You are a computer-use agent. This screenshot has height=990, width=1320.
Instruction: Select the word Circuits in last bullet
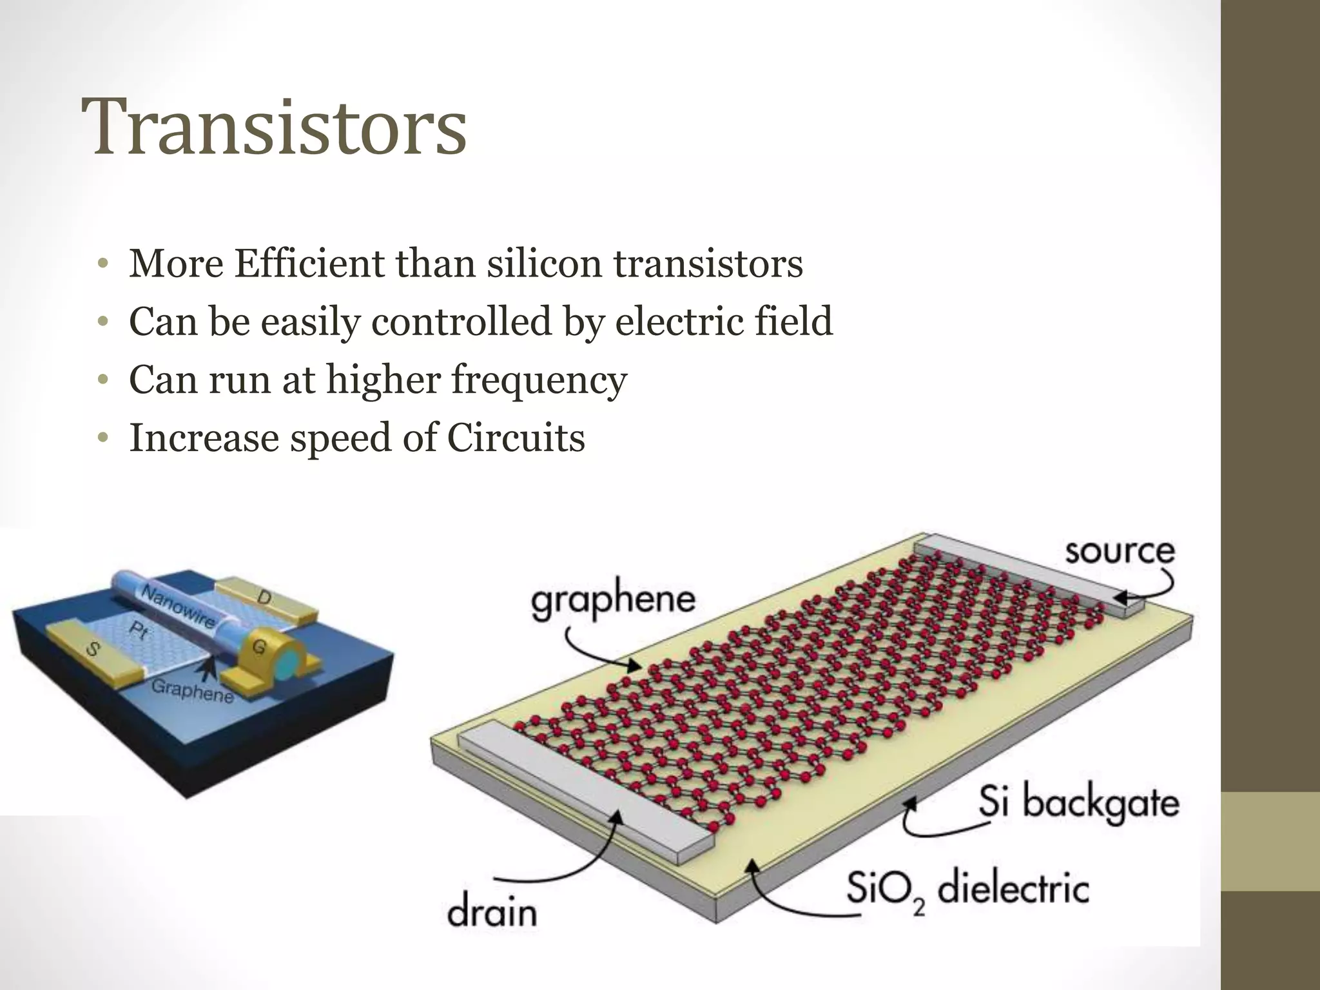click(x=516, y=438)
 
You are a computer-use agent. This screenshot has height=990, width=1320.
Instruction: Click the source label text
click(x=1120, y=552)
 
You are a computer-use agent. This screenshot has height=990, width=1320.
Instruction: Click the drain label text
click(x=492, y=912)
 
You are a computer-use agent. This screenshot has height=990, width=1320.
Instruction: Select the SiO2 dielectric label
click(x=967, y=889)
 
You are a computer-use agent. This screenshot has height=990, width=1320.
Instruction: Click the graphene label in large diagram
click(x=613, y=601)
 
